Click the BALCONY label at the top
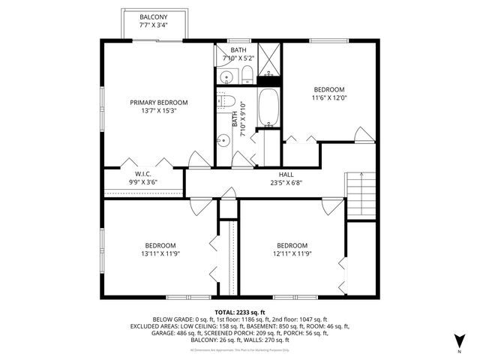[x=154, y=16]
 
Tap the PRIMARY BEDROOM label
[x=158, y=103]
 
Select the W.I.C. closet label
[x=144, y=172]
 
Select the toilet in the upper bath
[x=245, y=73]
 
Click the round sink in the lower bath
[x=224, y=139]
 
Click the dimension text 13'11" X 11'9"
[x=160, y=254]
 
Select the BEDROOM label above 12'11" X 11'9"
[x=292, y=246]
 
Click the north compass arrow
[x=459, y=342]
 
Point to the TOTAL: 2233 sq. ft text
[x=240, y=313]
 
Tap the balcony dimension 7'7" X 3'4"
[x=154, y=25]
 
